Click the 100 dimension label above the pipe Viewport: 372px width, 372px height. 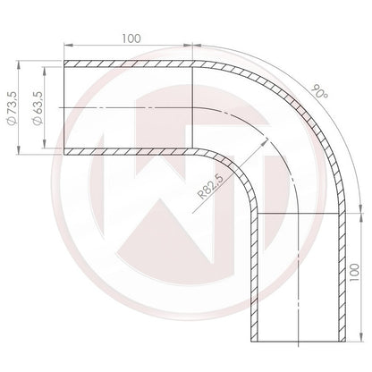point(131,39)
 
